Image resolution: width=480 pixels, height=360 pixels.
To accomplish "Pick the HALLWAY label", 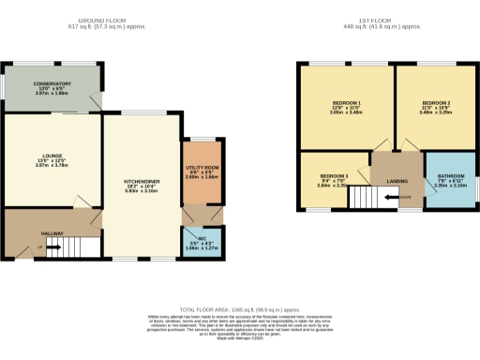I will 52,233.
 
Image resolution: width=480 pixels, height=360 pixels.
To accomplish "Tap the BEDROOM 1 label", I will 347,101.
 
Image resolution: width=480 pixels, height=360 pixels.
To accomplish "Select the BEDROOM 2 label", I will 436,101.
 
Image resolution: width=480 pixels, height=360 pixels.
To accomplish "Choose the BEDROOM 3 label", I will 334,176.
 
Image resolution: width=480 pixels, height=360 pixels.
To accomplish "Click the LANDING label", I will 397,182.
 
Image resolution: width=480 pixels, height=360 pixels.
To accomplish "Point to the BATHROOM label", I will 450,176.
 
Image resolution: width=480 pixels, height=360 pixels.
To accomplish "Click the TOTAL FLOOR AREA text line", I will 239,308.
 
